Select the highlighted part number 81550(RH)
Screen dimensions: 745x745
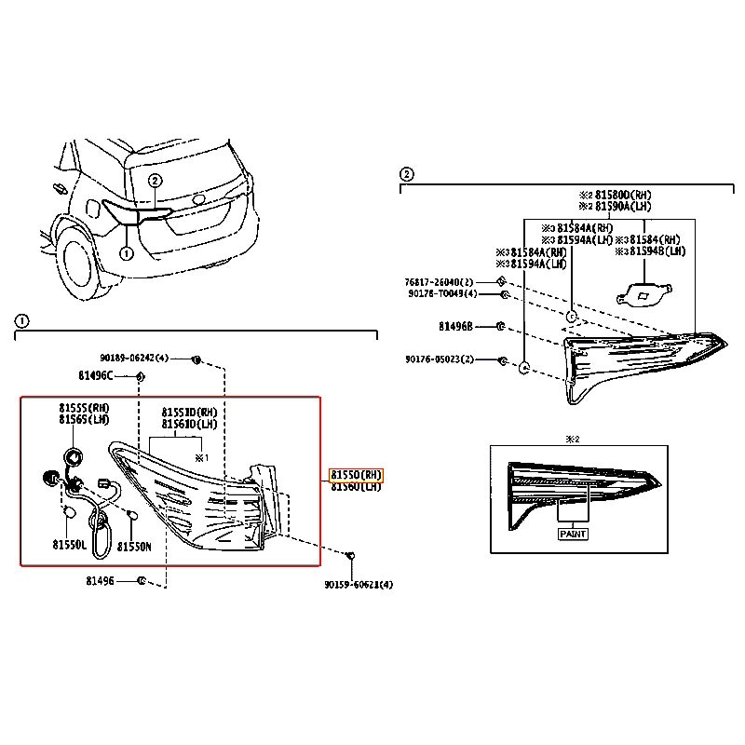[x=356, y=474]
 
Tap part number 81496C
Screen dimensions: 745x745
[x=95, y=375]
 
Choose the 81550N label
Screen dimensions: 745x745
[x=134, y=547]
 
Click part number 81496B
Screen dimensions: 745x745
[x=456, y=327]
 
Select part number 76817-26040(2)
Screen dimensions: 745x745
[x=439, y=282]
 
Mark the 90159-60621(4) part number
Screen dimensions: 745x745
[x=359, y=585]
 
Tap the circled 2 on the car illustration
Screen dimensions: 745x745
[x=155, y=181]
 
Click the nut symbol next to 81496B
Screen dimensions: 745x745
[x=500, y=327]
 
